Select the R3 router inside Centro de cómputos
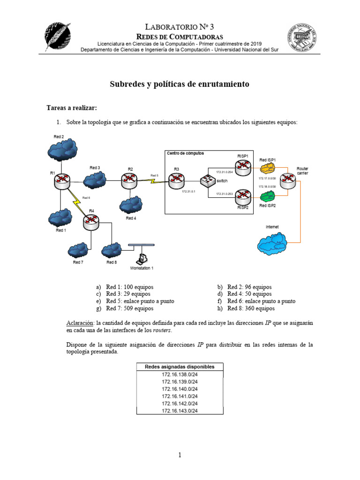pyautogui.click(x=177, y=180)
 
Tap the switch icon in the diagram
pyautogui.click(x=207, y=180)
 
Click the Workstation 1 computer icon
pyautogui.click(x=142, y=258)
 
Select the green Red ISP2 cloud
pyautogui.click(x=267, y=195)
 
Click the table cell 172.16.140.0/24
pyautogui.click(x=180, y=389)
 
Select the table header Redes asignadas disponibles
pyautogui.click(x=180, y=367)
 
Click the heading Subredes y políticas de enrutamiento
pyautogui.click(x=180, y=84)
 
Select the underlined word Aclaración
pyautogui.click(x=80, y=323)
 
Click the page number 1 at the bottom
pyautogui.click(x=180, y=455)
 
